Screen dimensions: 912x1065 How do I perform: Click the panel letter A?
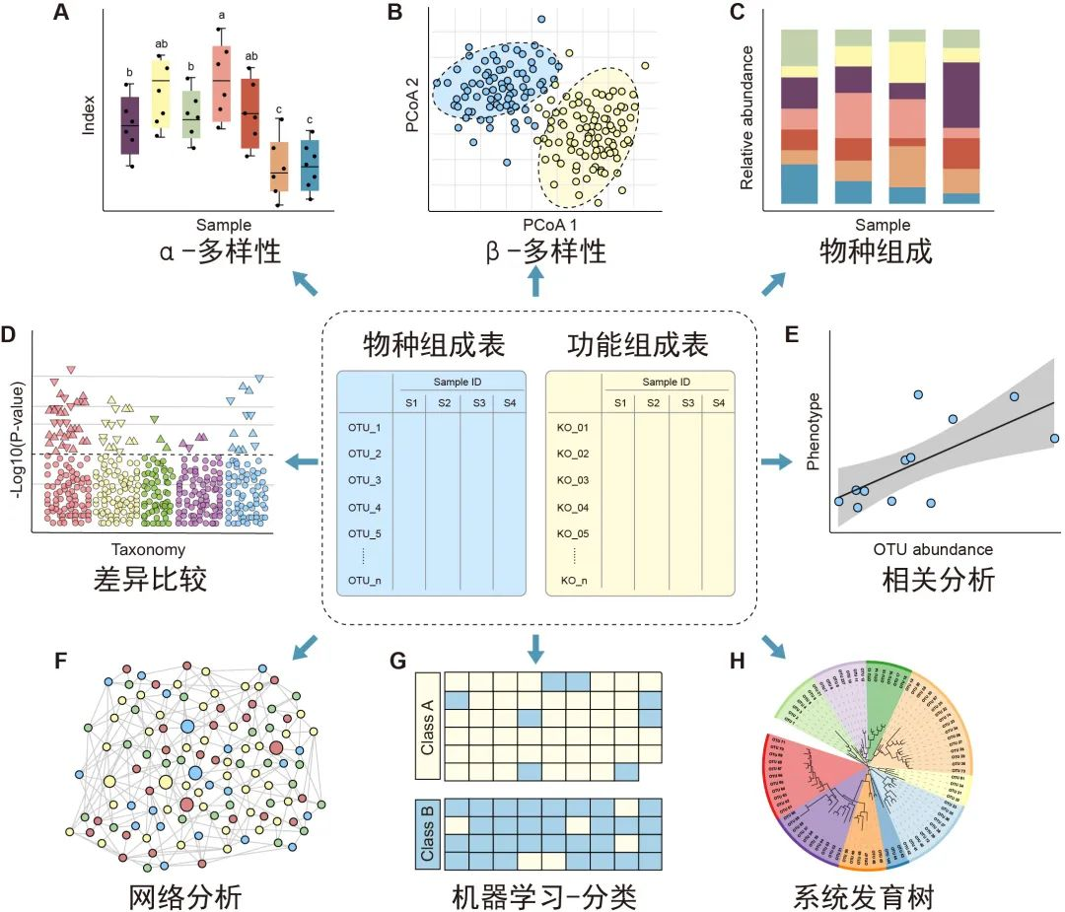coord(62,14)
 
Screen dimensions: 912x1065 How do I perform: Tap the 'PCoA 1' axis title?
coord(535,226)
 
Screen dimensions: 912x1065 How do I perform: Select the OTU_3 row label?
coord(365,480)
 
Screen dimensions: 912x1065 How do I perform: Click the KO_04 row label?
coord(574,508)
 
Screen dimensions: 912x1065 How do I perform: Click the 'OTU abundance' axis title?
coord(933,549)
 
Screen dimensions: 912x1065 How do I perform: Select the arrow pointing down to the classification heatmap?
coord(535,648)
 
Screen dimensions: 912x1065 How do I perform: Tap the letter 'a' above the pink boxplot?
coord(222,16)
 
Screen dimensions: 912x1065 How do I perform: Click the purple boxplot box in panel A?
coord(129,126)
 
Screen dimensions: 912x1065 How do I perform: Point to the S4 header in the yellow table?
coord(717,402)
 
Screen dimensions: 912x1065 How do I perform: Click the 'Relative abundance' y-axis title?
coord(746,116)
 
